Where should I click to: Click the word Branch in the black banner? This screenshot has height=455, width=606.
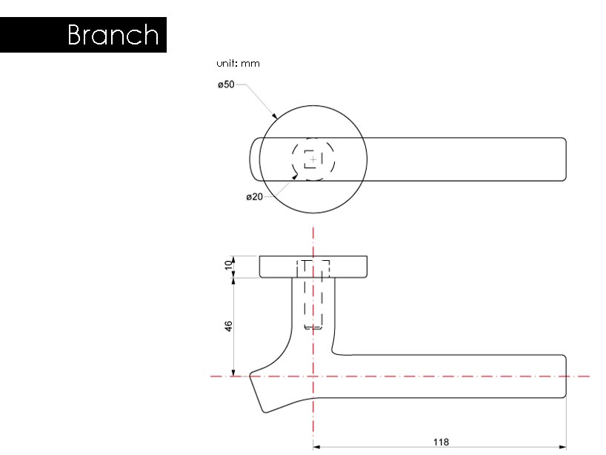[x=113, y=35]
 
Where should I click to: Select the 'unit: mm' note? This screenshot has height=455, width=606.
[x=238, y=64]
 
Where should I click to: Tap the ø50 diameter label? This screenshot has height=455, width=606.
[x=226, y=85]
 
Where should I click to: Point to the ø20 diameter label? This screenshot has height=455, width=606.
[x=254, y=197]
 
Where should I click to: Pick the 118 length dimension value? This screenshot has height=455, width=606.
[x=441, y=442]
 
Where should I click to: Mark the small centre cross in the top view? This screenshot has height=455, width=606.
[x=313, y=159]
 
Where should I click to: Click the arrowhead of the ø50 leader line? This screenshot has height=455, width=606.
[x=275, y=117]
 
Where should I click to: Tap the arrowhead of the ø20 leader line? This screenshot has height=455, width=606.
[x=296, y=175]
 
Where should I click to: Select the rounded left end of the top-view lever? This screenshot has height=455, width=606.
[x=251, y=159]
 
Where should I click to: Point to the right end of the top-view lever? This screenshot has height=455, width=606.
[x=565, y=159]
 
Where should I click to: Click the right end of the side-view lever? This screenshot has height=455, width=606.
[x=565, y=376]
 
